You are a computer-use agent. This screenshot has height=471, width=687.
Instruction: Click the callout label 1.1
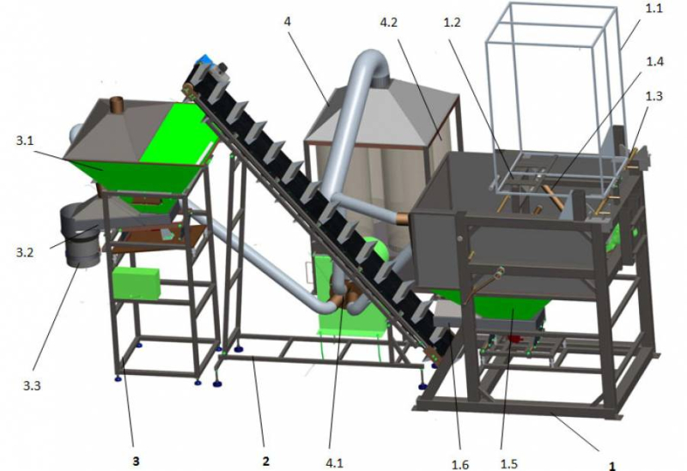point(654,8)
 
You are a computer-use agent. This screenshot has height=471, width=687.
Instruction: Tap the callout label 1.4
point(655,61)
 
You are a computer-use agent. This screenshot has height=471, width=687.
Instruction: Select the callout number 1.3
point(654,96)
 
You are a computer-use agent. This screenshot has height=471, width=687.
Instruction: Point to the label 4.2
point(389,22)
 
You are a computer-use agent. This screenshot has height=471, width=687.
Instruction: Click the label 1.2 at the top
point(452,22)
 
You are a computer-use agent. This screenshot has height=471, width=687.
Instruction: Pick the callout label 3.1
point(25,141)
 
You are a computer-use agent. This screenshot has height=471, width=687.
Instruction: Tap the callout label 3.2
point(25,252)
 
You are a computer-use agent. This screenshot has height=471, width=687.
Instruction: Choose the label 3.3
point(32,386)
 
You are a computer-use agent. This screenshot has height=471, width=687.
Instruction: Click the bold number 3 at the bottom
point(136,461)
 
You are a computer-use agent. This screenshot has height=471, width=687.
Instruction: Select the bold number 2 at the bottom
point(265,461)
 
